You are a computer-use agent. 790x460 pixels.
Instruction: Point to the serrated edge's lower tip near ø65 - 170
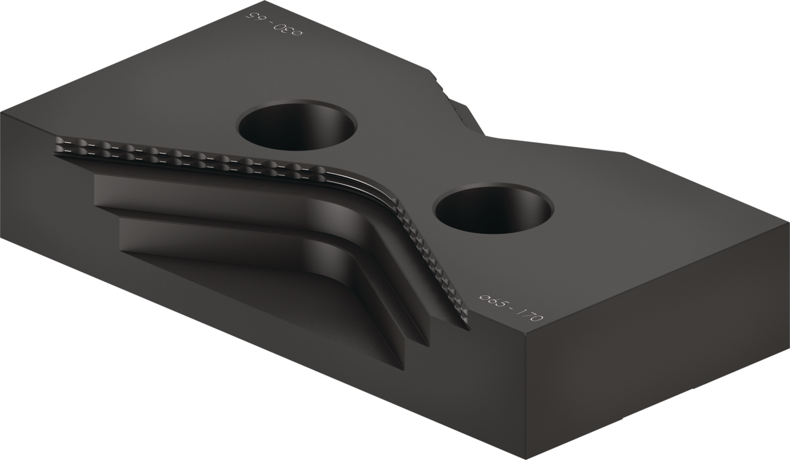coord(469,329)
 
